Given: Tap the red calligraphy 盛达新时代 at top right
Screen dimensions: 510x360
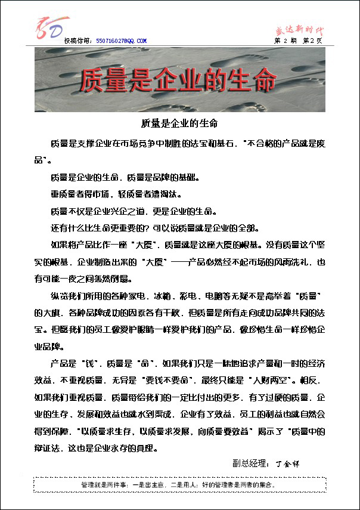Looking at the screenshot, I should (302, 28).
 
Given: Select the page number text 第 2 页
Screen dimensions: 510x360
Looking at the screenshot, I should (312, 41).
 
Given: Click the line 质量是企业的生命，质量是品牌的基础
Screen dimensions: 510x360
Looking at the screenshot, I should (125, 177).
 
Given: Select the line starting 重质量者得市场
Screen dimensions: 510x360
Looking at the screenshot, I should (116, 194).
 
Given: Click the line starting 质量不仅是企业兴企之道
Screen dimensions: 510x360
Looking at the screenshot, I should (134, 211).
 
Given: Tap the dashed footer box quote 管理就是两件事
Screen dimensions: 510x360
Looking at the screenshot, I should (179, 486).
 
